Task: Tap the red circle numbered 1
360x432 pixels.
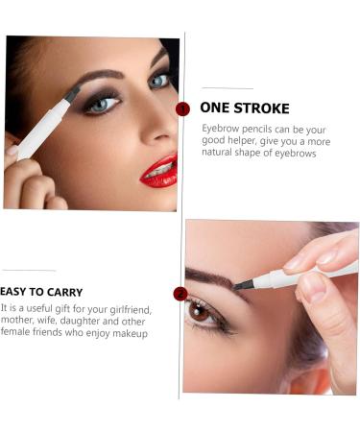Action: click(x=183, y=108)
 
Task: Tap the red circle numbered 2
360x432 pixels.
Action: click(x=180, y=294)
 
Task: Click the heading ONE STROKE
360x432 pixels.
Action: click(x=245, y=108)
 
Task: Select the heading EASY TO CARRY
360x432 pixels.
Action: click(x=43, y=292)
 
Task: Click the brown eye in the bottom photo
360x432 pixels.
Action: click(x=200, y=311)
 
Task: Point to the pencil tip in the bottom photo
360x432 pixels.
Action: click(x=241, y=284)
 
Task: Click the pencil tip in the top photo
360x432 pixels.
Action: click(x=73, y=94)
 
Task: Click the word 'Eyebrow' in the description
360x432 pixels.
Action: click(x=222, y=128)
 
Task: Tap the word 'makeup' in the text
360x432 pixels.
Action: click(x=130, y=334)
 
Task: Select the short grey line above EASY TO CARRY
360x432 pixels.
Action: click(x=29, y=272)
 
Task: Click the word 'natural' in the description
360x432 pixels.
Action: click(x=222, y=153)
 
